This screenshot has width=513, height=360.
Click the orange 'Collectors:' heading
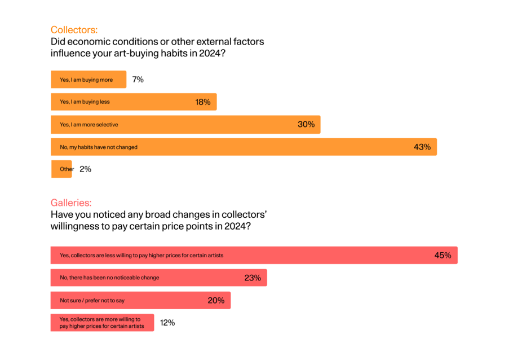tap(74, 30)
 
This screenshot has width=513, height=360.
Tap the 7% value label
tap(138, 80)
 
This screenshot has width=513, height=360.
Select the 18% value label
tap(203, 102)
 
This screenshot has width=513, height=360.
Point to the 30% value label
tap(306, 124)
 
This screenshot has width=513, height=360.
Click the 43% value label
tap(422, 147)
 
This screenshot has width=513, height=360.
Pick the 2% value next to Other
tap(85, 169)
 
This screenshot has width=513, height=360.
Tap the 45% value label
tap(443, 255)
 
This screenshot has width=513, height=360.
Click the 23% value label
tap(253, 278)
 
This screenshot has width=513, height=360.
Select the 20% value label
tap(216, 300)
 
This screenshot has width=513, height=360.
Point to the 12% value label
tap(167, 323)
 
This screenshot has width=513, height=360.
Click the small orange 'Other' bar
tap(61, 169)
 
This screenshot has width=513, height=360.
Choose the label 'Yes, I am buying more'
tap(86, 80)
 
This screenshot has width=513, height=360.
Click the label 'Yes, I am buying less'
tap(85, 102)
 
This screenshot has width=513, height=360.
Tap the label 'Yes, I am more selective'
tap(89, 124)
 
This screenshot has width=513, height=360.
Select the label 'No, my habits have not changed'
tap(99, 147)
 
